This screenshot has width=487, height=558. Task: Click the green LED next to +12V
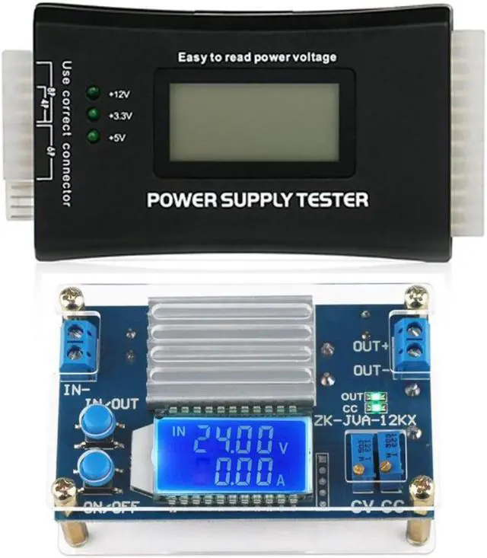94,93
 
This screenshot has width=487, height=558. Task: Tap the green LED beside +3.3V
94,115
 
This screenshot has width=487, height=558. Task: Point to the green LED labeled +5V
94,137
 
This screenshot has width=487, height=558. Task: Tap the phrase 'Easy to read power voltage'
257,57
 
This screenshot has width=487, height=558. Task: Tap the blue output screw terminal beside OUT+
412,340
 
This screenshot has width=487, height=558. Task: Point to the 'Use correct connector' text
66,133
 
